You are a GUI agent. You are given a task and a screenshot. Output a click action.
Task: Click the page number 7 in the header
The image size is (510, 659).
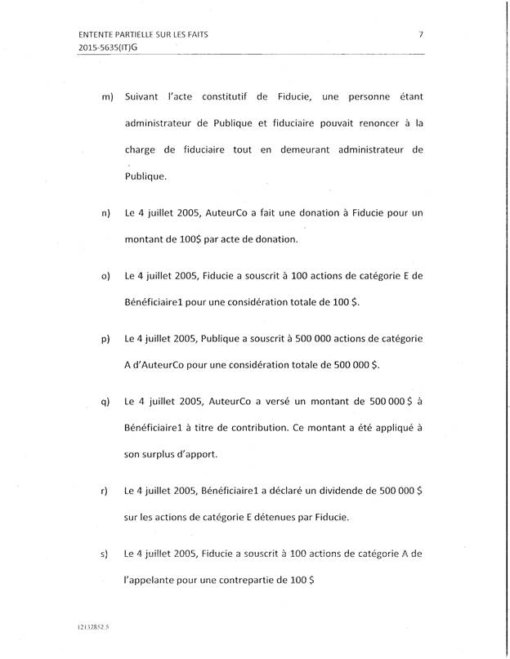coord(420,34)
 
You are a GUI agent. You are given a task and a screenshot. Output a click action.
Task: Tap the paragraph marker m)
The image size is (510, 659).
coord(106,99)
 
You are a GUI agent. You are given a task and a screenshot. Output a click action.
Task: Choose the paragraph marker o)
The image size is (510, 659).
coord(106,277)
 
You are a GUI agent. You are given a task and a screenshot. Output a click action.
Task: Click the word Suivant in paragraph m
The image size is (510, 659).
coord(145,98)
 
